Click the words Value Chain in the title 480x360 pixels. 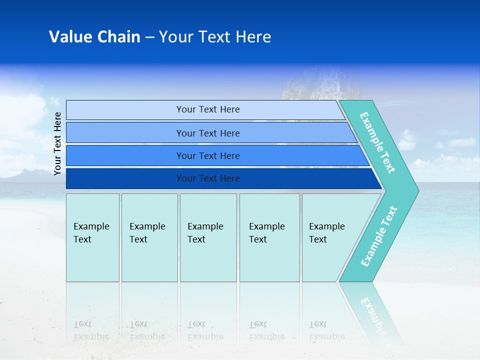tap(94, 37)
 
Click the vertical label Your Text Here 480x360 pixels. tap(57, 143)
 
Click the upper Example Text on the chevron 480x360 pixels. tap(377, 142)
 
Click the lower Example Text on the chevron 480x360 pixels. tap(379, 236)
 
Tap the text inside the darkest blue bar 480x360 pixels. tap(208, 178)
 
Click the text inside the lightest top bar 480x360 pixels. tap(208, 109)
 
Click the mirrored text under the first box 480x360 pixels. tap(91, 330)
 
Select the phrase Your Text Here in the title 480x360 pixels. tap(215, 37)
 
